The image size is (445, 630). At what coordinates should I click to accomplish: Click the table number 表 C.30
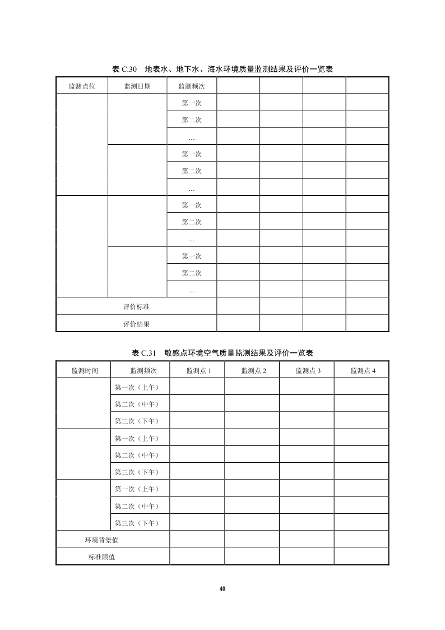tap(124, 69)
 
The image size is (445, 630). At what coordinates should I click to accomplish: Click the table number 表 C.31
tap(143, 353)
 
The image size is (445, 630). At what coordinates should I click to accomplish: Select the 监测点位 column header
tap(81, 86)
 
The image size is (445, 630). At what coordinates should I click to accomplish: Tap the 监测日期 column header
tap(137, 86)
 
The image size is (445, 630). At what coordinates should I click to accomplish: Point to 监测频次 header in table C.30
tap(192, 86)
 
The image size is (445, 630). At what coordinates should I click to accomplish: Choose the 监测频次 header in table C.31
tap(143, 370)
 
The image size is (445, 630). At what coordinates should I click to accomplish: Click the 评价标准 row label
tap(136, 307)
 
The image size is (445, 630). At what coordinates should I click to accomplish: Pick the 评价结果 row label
tap(136, 324)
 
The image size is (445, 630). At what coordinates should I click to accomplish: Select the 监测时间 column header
tap(85, 370)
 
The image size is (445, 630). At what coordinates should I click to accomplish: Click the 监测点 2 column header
tap(253, 370)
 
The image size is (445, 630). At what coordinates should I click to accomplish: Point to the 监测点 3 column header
tap(308, 370)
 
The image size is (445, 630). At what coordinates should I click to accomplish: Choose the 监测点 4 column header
tap(363, 370)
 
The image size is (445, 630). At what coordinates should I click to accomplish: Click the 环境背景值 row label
tap(101, 540)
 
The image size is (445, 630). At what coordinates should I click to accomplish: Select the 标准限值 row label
tap(101, 557)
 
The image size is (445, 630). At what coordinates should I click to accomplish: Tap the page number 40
tap(222, 588)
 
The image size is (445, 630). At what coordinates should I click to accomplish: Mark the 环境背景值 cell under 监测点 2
tap(252, 540)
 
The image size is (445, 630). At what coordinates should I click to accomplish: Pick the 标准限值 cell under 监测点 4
tap(361, 557)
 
